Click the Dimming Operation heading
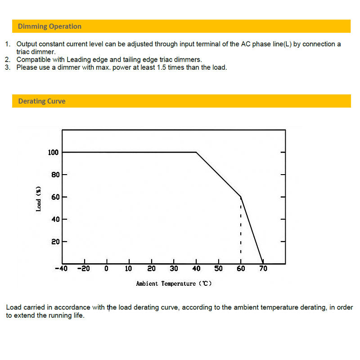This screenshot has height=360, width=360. [x=49, y=26]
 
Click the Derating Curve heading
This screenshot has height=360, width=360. [x=41, y=101]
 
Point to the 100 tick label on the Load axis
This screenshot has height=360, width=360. [x=53, y=153]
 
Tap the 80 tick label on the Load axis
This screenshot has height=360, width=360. [x=55, y=175]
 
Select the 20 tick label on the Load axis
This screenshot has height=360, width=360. [x=55, y=242]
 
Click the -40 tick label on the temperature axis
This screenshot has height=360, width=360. [x=61, y=269]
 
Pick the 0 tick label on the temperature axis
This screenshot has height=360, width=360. [x=107, y=269]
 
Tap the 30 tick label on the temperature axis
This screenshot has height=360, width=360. [x=174, y=269]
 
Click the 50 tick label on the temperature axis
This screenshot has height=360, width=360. [x=219, y=269]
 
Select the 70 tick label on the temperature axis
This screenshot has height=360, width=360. [x=263, y=269]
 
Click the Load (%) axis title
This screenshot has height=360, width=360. [x=39, y=198]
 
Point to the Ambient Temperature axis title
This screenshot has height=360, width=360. [x=174, y=283]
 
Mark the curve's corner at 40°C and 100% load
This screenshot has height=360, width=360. [x=196, y=152]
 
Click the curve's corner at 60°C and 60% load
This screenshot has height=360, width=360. [x=241, y=197]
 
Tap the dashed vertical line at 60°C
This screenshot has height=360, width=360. [x=241, y=229]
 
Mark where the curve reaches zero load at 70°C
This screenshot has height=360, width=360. [x=263, y=263]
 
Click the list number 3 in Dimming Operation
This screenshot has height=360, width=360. [x=7, y=67]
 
